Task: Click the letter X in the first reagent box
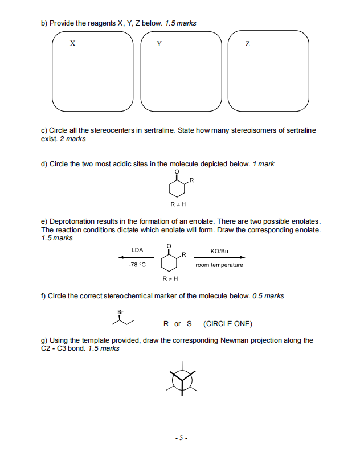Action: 72,43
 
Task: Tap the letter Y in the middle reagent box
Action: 159,43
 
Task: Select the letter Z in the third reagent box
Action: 247,43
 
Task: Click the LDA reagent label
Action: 137,250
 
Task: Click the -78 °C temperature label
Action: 137,265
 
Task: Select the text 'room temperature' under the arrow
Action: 219,265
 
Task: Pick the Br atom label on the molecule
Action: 120,312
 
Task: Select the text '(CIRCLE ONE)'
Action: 227,324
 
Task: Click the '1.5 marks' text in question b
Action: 181,23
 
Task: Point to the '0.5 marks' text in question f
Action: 268,296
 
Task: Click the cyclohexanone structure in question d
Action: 178,186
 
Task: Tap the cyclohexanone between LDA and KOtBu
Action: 170,258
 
